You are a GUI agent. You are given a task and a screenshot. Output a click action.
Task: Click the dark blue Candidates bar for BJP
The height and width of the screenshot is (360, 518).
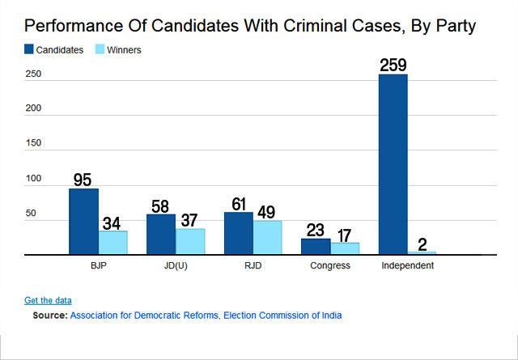pyautogui.click(x=83, y=222)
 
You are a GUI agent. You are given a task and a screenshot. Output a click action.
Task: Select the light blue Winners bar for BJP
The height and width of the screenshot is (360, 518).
pyautogui.click(x=113, y=243)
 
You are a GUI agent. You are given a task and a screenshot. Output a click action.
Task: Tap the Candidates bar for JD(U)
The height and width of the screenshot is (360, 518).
pyautogui.click(x=160, y=235)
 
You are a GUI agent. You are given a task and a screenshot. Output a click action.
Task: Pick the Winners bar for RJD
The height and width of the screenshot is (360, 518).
pyautogui.click(x=268, y=237)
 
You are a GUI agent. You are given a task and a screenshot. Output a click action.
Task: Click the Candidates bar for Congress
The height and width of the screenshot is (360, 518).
pyautogui.click(x=316, y=247)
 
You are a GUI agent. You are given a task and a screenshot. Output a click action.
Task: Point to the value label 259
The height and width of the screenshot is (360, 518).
pyautogui.click(x=393, y=63)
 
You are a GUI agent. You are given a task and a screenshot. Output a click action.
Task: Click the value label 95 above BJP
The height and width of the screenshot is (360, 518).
pyautogui.click(x=83, y=179)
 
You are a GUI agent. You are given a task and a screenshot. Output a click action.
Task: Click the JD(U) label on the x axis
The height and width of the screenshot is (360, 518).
pyautogui.click(x=175, y=266)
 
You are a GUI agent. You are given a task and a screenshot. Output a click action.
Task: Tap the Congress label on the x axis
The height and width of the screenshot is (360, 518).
pyautogui.click(x=329, y=266)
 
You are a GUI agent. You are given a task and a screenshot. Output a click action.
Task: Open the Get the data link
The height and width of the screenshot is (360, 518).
pyautogui.click(x=48, y=300)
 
